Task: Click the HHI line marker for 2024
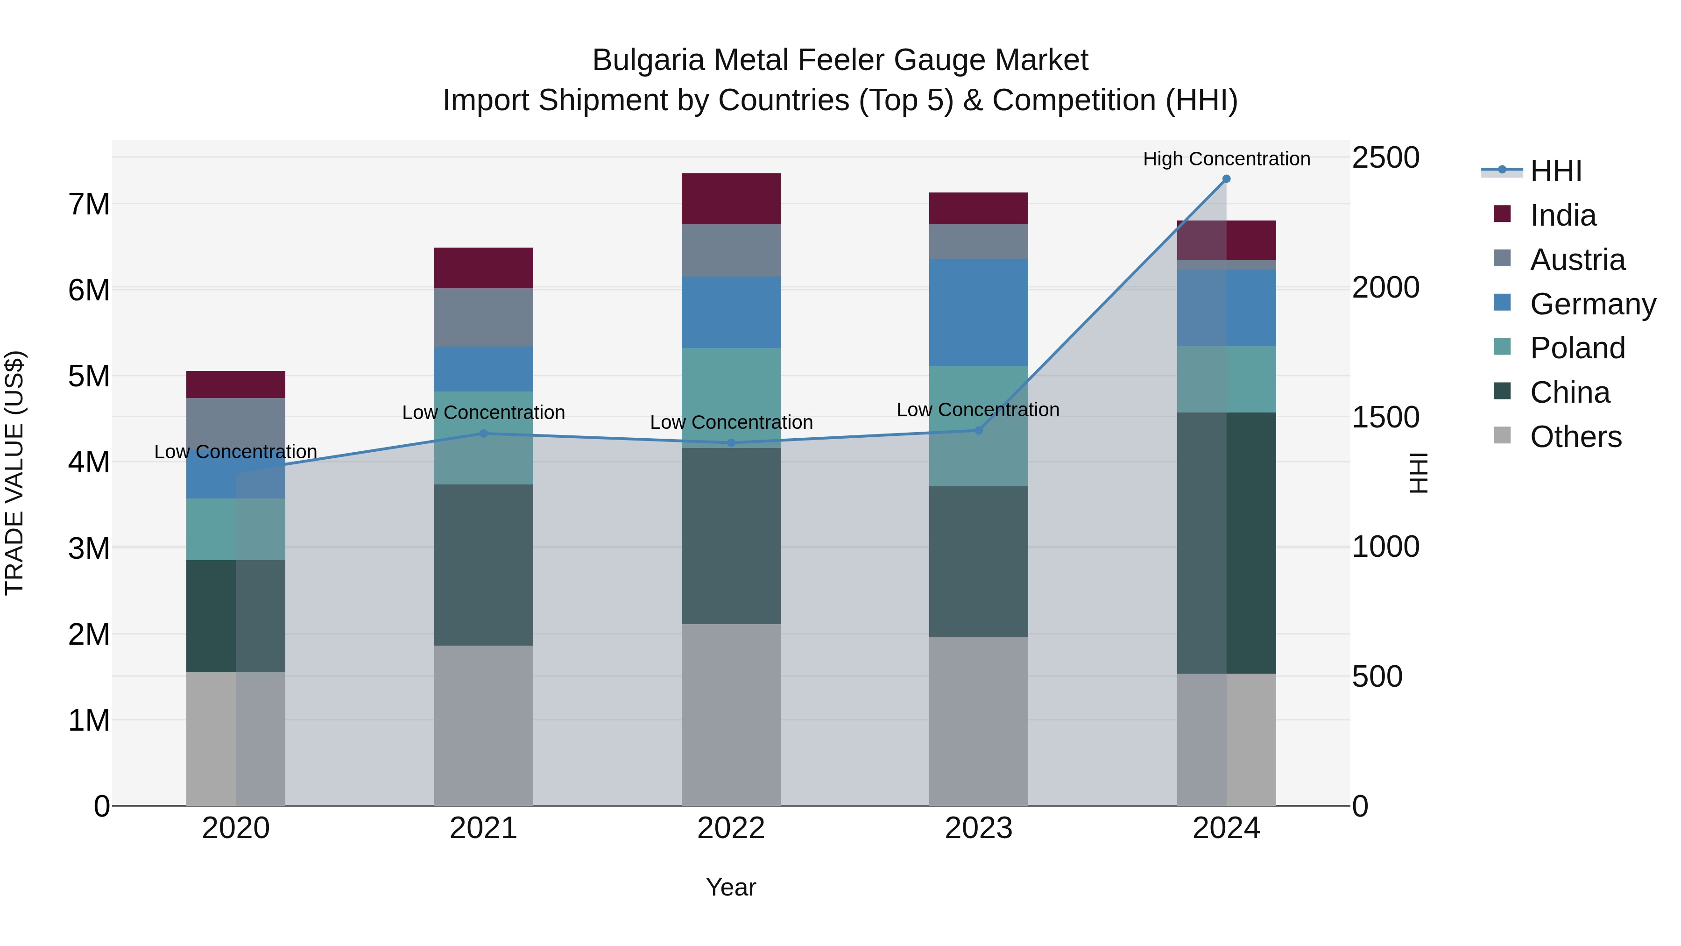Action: (1226, 179)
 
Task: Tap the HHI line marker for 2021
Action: (484, 434)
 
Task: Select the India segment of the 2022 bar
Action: (731, 199)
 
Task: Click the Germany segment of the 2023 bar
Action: (978, 312)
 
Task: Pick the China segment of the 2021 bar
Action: (484, 565)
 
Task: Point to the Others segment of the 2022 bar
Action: (731, 714)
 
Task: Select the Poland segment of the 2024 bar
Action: (1226, 379)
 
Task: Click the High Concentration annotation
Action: (1226, 159)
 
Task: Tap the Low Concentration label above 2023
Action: (977, 410)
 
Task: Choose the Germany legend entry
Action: (1592, 304)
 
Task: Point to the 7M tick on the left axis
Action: (89, 204)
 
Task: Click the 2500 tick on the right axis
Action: (1385, 158)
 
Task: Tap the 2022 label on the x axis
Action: (731, 828)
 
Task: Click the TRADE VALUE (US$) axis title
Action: (14, 473)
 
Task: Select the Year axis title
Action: (731, 887)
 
